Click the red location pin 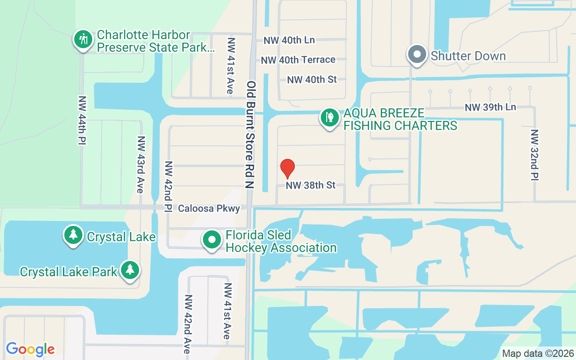[288, 169]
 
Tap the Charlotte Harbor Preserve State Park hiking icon [83, 40]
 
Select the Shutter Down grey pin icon [417, 55]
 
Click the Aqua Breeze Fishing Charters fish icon [330, 117]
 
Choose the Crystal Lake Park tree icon [130, 270]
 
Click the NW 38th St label [310, 185]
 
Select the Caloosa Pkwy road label [209, 209]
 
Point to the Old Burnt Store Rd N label [251, 135]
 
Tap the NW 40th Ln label [289, 40]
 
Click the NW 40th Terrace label [298, 60]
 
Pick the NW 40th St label [312, 80]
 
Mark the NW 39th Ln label [490, 107]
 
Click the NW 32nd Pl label [535, 155]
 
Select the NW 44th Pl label [82, 120]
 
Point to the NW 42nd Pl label [169, 186]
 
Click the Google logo [30, 349]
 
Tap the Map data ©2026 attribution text [538, 354]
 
